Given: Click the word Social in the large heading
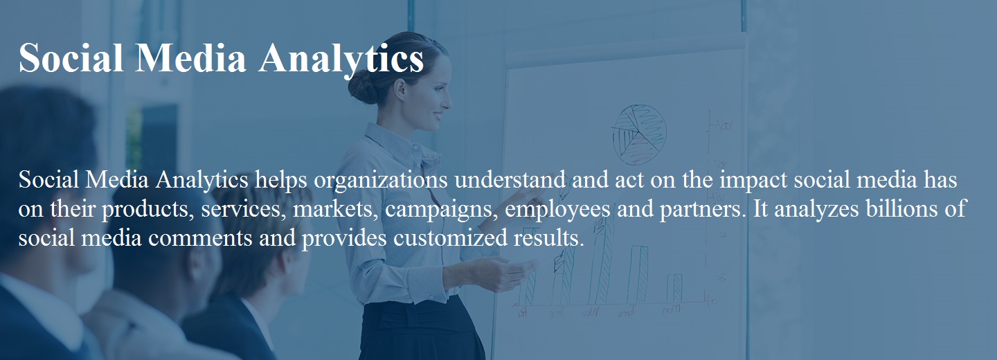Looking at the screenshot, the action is pyautogui.click(x=71, y=58).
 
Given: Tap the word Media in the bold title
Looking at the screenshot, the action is pyautogui.click(x=190, y=58).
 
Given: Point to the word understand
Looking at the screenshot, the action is pyautogui.click(x=510, y=179).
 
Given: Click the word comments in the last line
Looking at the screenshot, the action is pyautogui.click(x=200, y=238).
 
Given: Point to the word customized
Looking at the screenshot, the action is pyautogui.click(x=450, y=237).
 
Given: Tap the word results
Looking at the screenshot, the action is pyautogui.click(x=549, y=237).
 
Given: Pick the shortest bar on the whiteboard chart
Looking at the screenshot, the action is pyautogui.click(x=674, y=289).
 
